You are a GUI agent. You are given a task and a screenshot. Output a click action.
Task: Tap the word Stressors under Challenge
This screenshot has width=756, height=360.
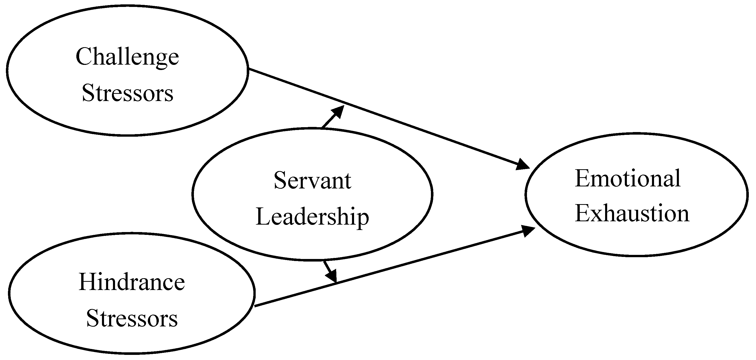click(128, 93)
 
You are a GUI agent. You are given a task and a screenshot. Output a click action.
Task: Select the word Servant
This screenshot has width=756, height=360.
click(312, 180)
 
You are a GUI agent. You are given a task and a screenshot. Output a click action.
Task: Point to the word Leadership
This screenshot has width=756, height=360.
click(312, 217)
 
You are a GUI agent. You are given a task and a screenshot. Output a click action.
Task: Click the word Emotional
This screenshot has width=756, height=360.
click(627, 178)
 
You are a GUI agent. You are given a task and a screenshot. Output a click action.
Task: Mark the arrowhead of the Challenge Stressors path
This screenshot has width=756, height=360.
click(523, 165)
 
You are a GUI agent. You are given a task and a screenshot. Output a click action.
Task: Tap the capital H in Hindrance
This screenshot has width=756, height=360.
click(86, 282)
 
